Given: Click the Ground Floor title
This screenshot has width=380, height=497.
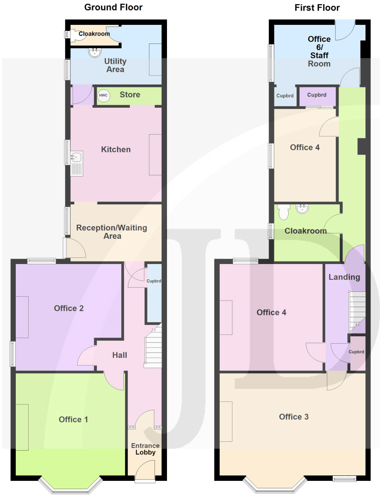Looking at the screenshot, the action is point(113,7).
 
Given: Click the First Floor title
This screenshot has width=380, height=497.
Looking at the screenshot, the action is point(317,7).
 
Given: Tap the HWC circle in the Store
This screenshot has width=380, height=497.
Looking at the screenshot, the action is point(103,95).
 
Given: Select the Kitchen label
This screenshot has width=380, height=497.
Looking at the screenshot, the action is point(116,149).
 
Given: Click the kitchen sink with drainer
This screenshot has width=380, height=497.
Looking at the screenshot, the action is point(76,164).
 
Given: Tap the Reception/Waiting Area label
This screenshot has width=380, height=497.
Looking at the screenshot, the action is point(112,232).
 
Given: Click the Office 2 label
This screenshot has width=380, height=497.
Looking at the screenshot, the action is point(69,308).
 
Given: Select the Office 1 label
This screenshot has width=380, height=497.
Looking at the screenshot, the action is point(74,419).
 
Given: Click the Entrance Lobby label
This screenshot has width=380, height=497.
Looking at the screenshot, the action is point(145,449).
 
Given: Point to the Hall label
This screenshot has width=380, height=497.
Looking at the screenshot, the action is point(120,355).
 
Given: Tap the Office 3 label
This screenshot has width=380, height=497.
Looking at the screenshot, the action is point(294,417).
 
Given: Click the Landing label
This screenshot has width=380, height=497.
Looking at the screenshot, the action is point(344,277).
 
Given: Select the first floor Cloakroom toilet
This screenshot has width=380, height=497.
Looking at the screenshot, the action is point(284,212).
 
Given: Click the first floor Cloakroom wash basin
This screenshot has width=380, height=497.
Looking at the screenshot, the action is point(302,208).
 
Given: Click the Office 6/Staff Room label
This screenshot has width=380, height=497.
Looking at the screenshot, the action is point(319,51).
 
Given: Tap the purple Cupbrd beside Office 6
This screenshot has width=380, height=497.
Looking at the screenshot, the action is point(317,96).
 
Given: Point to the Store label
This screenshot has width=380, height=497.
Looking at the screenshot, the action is point(130,95).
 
